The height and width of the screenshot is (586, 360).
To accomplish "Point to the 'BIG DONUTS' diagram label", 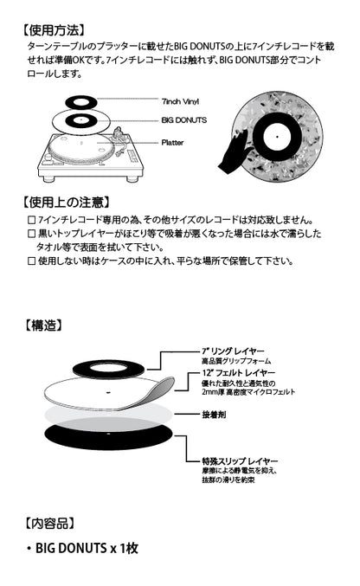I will pyautogui.click(x=183, y=119).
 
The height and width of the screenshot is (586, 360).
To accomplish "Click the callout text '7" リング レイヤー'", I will pyautogui.click(x=227, y=352).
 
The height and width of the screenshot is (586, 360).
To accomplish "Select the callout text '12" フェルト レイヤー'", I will pyautogui.click(x=230, y=372).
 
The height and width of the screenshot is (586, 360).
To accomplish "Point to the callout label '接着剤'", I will pyautogui.click(x=213, y=415).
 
